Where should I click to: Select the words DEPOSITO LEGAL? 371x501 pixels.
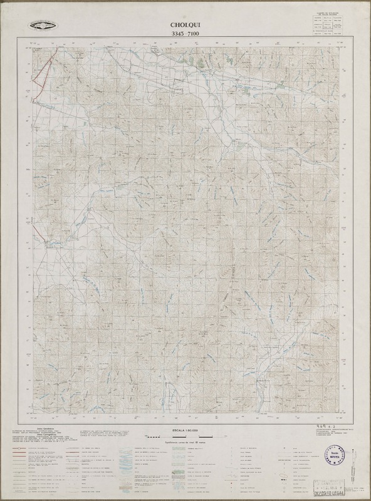point(331,492)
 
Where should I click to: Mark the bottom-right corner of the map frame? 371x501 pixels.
point(344,416)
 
